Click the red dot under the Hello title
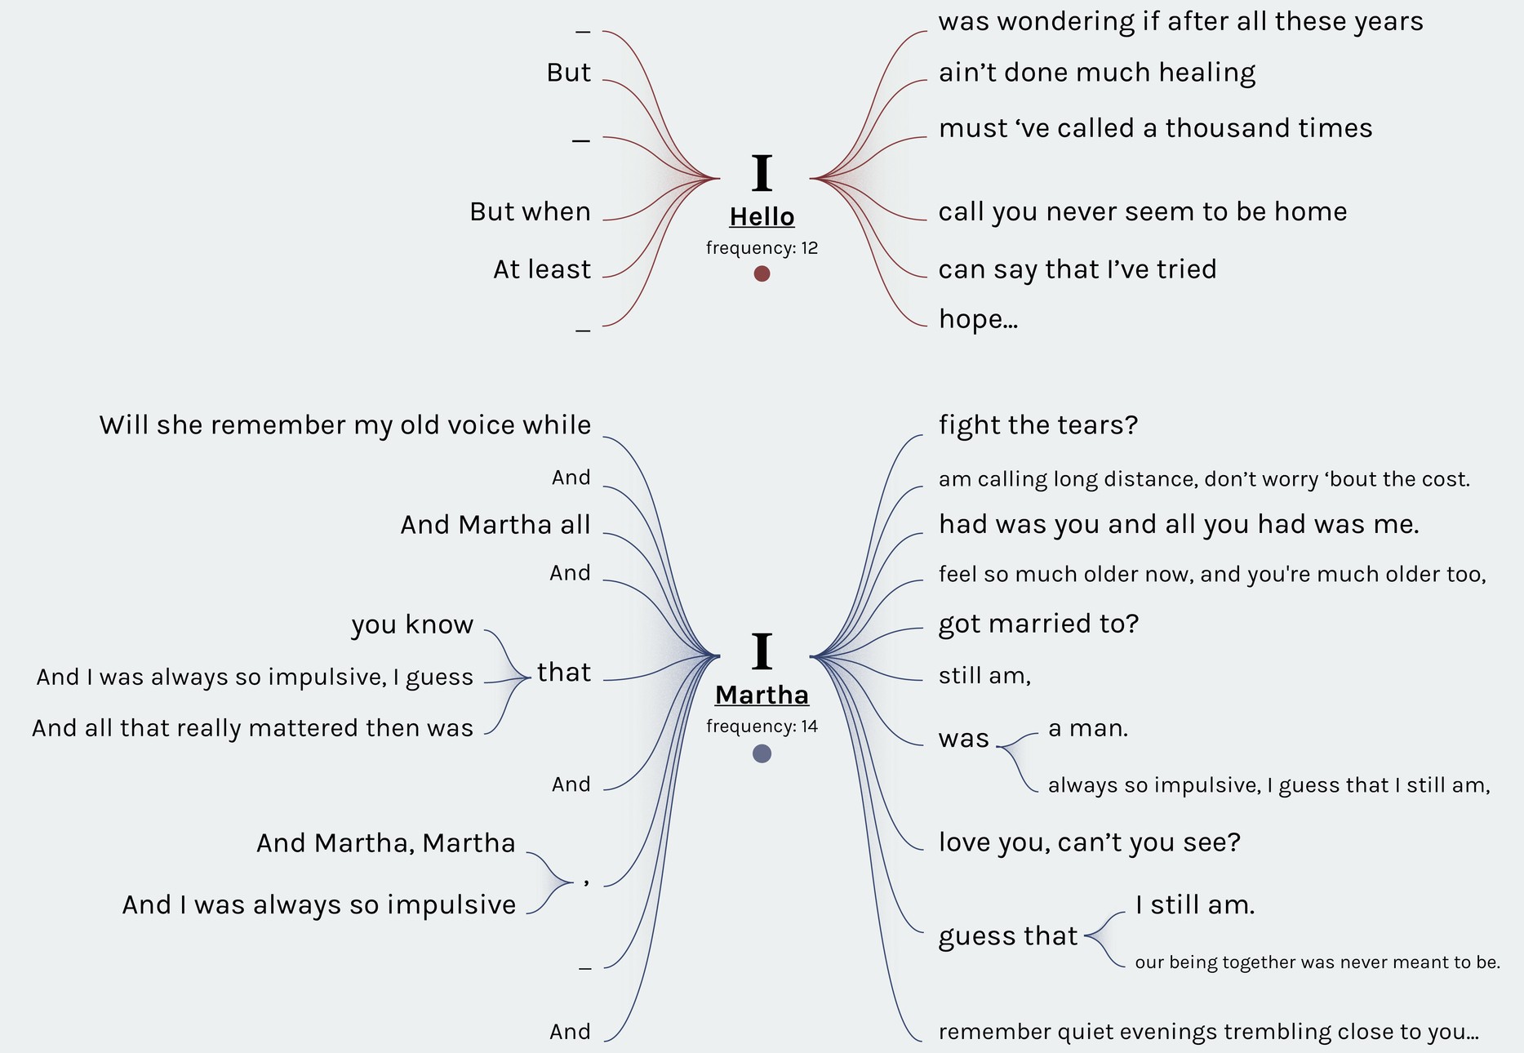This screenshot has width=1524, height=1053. tap(762, 273)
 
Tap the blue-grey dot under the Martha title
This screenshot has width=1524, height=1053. tap(762, 753)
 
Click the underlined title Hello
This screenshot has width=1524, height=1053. tap(762, 217)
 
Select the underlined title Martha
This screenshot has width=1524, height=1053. tap(762, 695)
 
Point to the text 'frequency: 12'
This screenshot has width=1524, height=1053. tap(762, 248)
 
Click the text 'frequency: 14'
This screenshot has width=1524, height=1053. tap(762, 726)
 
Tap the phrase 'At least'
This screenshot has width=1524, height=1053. tap(541, 269)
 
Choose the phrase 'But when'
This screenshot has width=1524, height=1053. tap(530, 212)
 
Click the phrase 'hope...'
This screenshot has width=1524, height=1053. tap(978, 319)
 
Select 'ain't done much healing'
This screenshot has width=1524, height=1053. tap(1096, 73)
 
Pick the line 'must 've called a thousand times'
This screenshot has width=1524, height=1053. tap(1155, 129)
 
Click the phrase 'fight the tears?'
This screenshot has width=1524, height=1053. tap(1037, 425)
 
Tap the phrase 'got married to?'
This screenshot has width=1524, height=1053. tap(1038, 624)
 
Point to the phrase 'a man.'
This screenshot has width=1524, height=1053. tap(1087, 728)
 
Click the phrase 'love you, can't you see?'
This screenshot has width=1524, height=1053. tap(1089, 842)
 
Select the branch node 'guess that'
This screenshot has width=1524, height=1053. tap(1008, 935)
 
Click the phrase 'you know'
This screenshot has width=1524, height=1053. tap(412, 624)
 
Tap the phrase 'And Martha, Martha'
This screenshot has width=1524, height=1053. tap(385, 843)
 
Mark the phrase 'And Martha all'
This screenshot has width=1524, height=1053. tap(495, 525)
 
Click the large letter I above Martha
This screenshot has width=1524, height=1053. tap(762, 651)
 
